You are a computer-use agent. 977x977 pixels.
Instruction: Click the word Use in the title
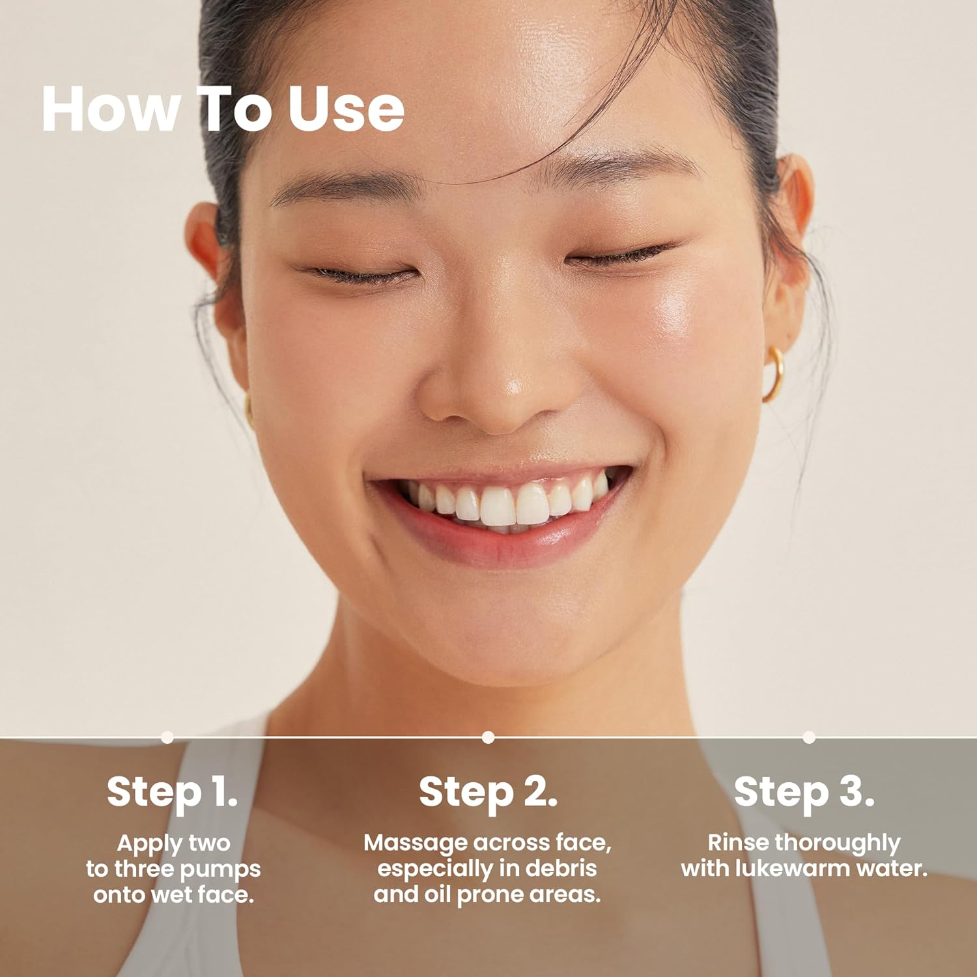tap(346, 109)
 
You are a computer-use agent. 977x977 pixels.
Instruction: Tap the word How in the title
tap(111, 109)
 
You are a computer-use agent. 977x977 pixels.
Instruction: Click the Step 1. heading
tap(172, 792)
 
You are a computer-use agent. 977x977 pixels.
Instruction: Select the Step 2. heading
tap(488, 792)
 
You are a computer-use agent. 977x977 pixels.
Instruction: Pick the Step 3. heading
tap(804, 792)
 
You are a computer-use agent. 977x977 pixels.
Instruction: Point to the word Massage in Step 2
tap(416, 842)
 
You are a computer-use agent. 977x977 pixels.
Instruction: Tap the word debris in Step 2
tap(561, 868)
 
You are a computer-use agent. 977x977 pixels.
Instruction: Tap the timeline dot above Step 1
tap(167, 737)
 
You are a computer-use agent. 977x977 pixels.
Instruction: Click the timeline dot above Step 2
tap(488, 737)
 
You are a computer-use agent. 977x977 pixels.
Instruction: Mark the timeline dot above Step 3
tap(809, 737)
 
